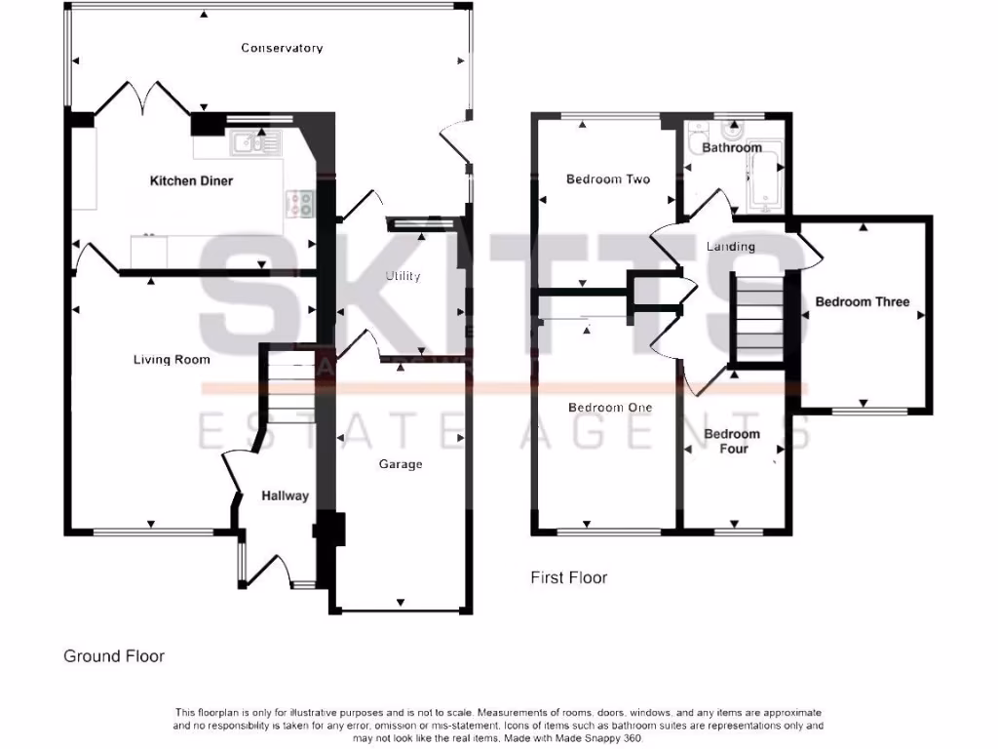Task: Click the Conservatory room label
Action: [x=282, y=48]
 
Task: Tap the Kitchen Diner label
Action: [x=191, y=180]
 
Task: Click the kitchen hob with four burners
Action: [x=300, y=203]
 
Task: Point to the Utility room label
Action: [x=403, y=276]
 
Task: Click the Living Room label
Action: [x=172, y=360]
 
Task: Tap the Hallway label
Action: [x=285, y=495]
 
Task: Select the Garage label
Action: [x=401, y=464]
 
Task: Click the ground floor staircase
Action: [x=287, y=385]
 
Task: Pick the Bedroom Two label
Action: [x=608, y=179]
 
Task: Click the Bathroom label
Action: [x=732, y=148]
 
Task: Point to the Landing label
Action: [x=731, y=247]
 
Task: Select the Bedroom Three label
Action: [x=862, y=302]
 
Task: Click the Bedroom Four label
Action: [x=732, y=441]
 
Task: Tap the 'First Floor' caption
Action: [x=568, y=577]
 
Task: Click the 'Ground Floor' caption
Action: [x=114, y=656]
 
